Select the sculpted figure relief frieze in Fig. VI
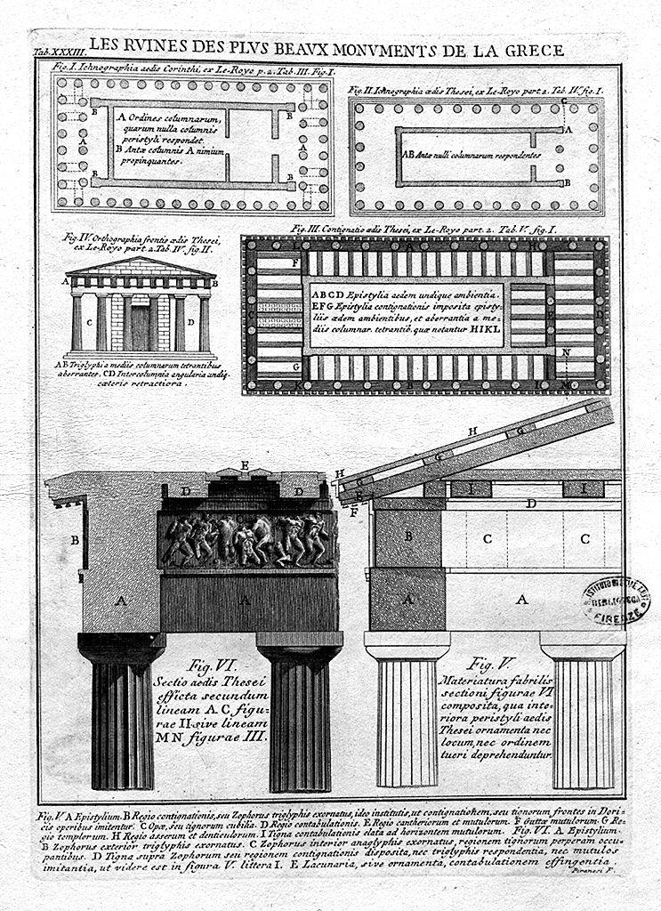[246, 539]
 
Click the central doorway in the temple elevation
[141, 325]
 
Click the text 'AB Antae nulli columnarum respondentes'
[472, 154]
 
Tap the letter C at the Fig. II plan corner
[564, 102]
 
